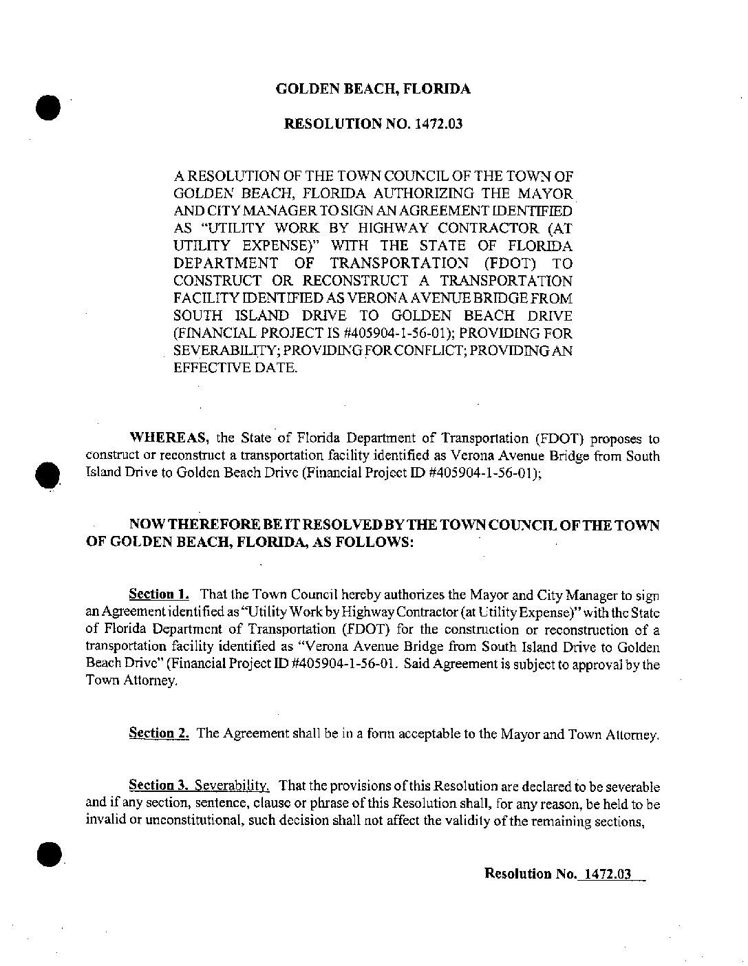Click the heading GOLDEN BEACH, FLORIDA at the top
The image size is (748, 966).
pos(373,89)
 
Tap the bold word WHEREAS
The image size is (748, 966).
pos(169,438)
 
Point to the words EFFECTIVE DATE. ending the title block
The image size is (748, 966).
pos(236,368)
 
